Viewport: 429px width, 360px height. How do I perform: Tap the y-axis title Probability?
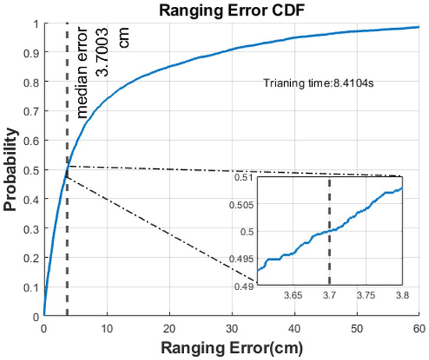[10, 171]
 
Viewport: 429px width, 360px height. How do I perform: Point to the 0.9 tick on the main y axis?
[32, 54]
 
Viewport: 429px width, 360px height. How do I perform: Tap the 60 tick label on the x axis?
[419, 328]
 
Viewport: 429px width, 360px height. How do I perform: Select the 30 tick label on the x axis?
[232, 328]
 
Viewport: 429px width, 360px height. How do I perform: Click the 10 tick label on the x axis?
[106, 328]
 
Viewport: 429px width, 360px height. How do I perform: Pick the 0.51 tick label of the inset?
[244, 178]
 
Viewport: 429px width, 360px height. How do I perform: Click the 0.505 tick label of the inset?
[242, 205]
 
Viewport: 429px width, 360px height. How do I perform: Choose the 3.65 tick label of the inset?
[292, 296]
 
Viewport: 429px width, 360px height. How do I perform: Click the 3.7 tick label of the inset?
[329, 296]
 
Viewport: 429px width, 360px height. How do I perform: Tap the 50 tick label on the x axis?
[356, 328]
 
